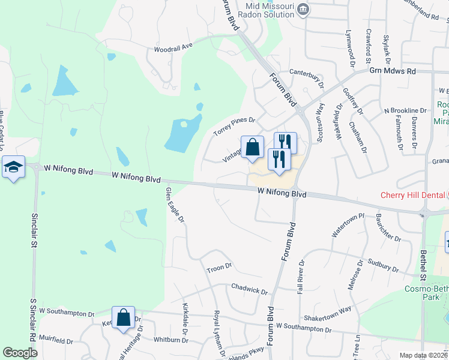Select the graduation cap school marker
click(13, 167)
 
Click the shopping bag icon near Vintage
click(253, 148)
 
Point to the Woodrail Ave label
click(173, 47)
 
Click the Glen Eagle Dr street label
click(174, 205)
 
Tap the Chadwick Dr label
click(249, 290)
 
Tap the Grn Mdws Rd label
click(393, 71)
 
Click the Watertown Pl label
click(348, 224)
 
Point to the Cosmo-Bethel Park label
click(427, 292)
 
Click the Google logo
click(20, 353)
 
